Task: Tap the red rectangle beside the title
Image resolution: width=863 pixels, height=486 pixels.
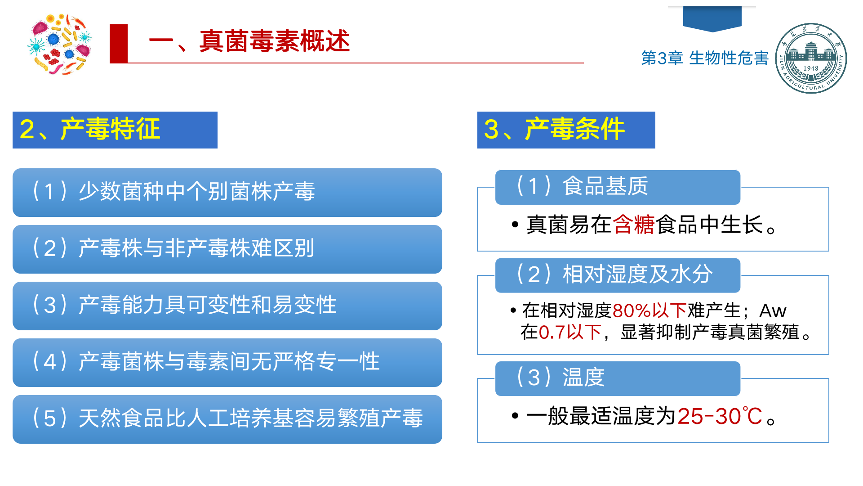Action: [x=119, y=44]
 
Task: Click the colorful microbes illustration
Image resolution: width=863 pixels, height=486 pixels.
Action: [x=60, y=44]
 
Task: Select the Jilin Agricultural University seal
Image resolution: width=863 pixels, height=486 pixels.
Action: [x=811, y=58]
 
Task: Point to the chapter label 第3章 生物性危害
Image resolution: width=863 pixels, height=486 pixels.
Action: [x=705, y=58]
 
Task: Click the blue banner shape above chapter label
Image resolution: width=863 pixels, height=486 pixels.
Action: [x=712, y=19]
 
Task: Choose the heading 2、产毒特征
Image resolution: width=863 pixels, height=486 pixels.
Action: [x=115, y=130]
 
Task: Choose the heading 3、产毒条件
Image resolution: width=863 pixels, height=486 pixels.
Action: [x=566, y=130]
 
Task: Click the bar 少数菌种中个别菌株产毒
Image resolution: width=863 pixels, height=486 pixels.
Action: [x=227, y=193]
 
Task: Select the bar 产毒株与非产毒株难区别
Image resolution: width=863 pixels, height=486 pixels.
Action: [x=227, y=249]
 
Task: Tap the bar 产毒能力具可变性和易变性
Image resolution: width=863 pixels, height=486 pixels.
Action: [x=227, y=306]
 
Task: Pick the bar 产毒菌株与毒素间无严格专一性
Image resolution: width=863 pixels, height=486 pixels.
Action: [x=227, y=363]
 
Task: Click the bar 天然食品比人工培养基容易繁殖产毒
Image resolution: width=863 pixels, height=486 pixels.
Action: [x=227, y=419]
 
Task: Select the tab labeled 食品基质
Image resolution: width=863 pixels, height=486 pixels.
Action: [x=618, y=187]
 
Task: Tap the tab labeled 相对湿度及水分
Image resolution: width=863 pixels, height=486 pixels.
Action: [x=618, y=275]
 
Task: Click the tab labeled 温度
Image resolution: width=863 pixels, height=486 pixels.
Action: [x=618, y=378]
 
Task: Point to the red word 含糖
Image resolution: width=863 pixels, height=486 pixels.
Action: [x=634, y=225]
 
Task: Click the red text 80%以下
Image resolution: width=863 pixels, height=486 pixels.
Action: [x=649, y=310]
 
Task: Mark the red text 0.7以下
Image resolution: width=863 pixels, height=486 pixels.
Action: [x=570, y=332]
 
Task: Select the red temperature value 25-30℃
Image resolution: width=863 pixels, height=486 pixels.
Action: [x=720, y=416]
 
